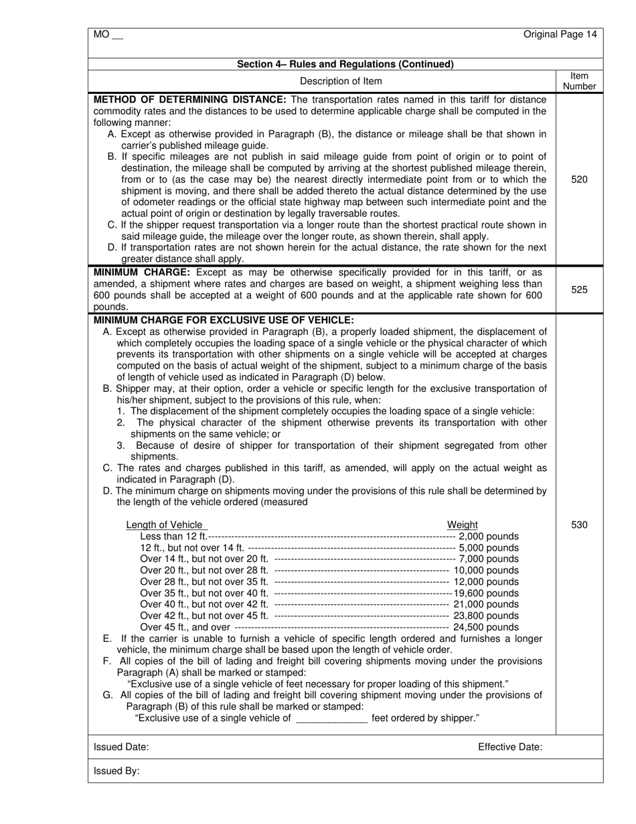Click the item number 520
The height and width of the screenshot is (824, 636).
(x=579, y=180)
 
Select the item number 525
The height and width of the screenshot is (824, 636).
(x=579, y=289)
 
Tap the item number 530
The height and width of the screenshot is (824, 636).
(x=579, y=525)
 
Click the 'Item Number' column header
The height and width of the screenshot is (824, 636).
(x=579, y=81)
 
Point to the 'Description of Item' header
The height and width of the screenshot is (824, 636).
(x=341, y=81)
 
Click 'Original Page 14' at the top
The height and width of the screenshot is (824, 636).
(x=560, y=35)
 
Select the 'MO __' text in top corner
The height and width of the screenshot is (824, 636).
(x=108, y=35)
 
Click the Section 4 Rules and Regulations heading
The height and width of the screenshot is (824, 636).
(x=345, y=64)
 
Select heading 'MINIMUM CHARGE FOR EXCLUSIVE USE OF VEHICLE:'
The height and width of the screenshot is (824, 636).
(x=224, y=320)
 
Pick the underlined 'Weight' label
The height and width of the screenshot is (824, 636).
(x=463, y=525)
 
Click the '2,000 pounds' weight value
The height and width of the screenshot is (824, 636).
(x=489, y=537)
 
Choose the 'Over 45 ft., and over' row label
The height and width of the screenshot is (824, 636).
(x=185, y=627)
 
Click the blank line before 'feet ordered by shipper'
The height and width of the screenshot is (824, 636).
(x=331, y=719)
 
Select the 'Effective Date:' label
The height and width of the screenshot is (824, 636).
(x=510, y=747)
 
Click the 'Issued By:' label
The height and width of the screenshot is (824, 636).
(x=117, y=771)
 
